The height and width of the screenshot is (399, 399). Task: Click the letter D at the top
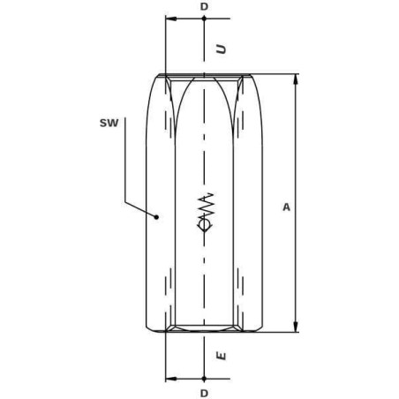click(x=204, y=6)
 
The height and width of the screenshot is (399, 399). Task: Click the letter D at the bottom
click(x=204, y=393)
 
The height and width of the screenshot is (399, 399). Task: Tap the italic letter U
click(x=222, y=49)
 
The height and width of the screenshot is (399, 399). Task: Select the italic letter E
click(x=222, y=356)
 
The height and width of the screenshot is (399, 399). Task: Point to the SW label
click(x=109, y=123)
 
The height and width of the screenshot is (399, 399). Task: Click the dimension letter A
click(x=286, y=207)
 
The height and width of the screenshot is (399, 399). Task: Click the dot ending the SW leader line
click(x=157, y=217)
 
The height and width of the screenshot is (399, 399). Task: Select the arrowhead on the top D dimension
click(x=171, y=19)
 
